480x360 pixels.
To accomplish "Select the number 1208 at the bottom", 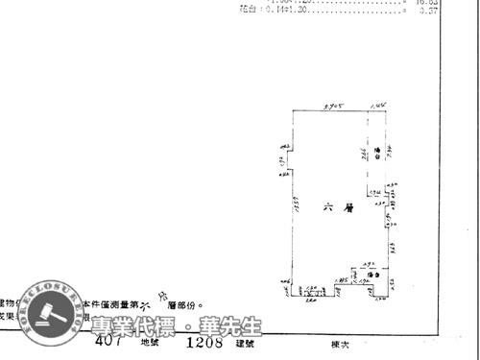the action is pos(204,340).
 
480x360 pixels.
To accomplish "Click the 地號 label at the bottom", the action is pos(151,341).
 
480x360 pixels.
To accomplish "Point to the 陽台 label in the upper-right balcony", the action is pos(378,152).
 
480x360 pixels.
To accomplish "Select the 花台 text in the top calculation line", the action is pos(247,8).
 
